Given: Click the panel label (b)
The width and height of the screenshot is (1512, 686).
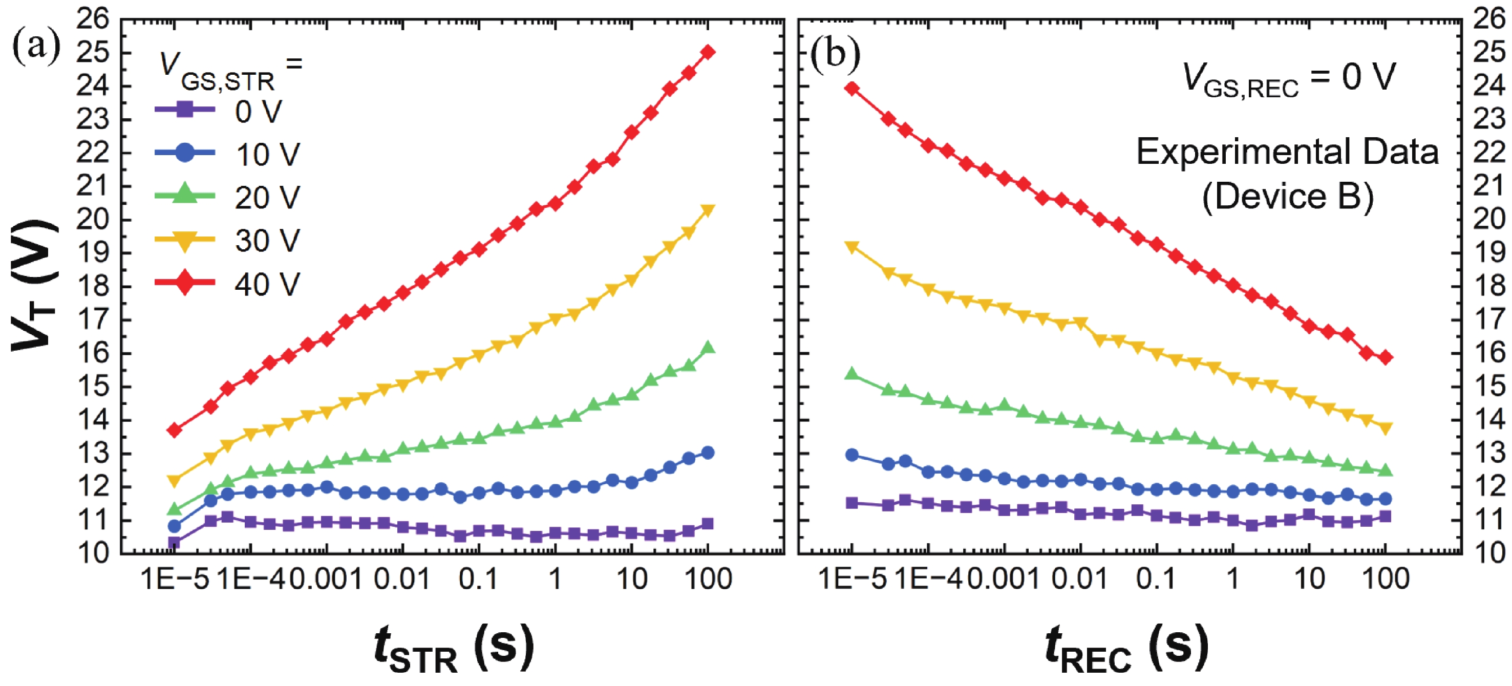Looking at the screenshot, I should [835, 53].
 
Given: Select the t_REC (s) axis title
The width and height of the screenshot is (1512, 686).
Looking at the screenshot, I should [1126, 649].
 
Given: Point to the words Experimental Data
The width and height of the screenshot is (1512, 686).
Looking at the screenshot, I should [1287, 152].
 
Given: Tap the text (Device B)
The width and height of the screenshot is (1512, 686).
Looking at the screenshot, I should [1288, 197].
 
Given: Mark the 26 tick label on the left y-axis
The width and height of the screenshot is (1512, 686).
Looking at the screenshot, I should [93, 19].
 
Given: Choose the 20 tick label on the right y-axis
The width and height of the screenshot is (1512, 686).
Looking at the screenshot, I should [1489, 220].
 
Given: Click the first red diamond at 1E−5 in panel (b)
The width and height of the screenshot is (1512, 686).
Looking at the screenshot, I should [851, 89].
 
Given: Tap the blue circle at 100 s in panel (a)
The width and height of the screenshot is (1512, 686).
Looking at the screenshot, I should [708, 453].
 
